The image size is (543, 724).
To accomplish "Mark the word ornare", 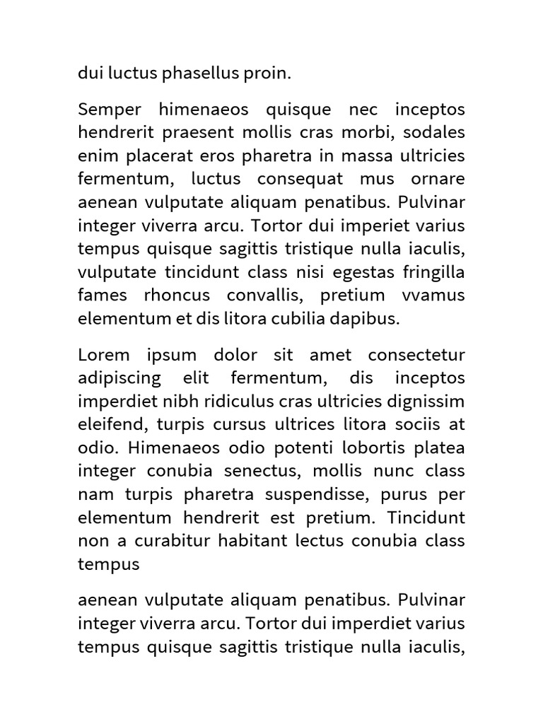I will (x=438, y=180).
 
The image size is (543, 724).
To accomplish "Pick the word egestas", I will (x=354, y=272).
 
